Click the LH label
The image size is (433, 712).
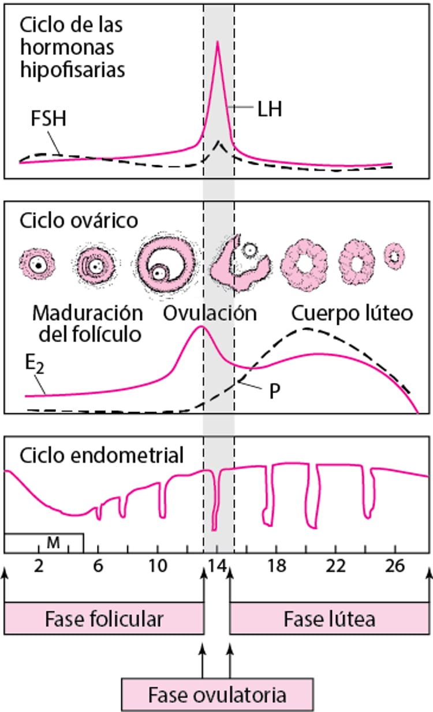tap(270, 109)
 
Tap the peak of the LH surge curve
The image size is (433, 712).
tap(218, 42)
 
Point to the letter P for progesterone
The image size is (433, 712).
tap(274, 391)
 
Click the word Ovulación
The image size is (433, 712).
tap(210, 313)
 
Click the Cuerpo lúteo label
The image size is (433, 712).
tap(352, 313)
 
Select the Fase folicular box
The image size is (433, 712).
tap(104, 619)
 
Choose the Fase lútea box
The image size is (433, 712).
tap(330, 619)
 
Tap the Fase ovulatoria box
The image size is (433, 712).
tap(217, 694)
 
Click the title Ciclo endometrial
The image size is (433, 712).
tap(102, 455)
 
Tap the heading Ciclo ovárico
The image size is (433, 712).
tap(79, 220)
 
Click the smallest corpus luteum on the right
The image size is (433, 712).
tap(395, 255)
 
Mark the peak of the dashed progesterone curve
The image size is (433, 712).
tap(305, 329)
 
